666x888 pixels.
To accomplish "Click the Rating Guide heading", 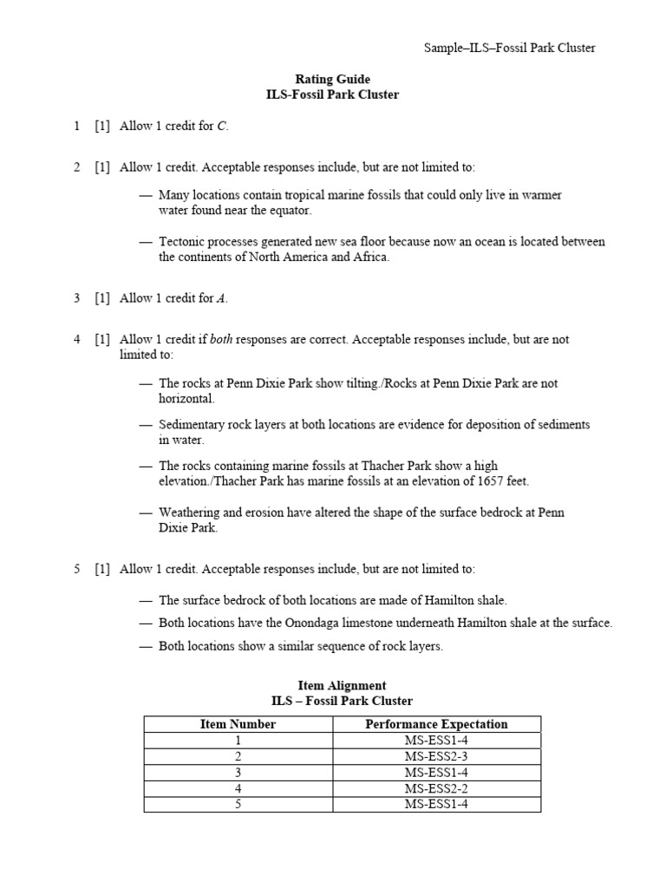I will coord(334,80).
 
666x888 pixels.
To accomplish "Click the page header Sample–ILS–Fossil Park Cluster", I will coord(509,48).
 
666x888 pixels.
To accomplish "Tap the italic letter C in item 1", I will coord(222,127).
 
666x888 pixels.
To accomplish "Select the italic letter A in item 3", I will coord(222,298).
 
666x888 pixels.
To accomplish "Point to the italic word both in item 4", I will coord(221,339).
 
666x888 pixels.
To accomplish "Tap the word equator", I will coord(289,211).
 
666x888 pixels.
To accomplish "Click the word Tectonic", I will coord(182,242).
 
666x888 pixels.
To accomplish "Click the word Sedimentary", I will coord(193,425).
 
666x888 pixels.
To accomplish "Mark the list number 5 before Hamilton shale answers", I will coord(77,569).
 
